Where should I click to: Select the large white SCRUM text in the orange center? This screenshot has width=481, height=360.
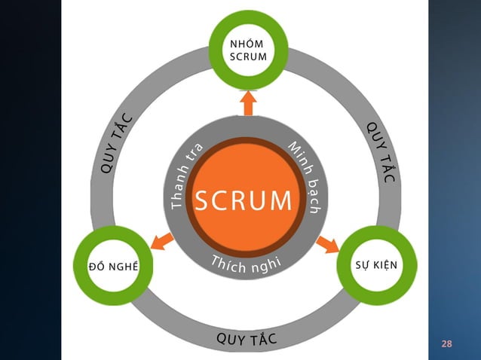pyautogui.click(x=243, y=200)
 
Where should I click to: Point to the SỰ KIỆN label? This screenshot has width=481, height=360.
pyautogui.click(x=376, y=266)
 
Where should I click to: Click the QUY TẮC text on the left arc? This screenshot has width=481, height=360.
pyautogui.click(x=116, y=144)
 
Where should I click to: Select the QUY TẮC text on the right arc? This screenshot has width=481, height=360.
pyautogui.click(x=381, y=150)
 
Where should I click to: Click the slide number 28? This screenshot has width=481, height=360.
pyautogui.click(x=446, y=344)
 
